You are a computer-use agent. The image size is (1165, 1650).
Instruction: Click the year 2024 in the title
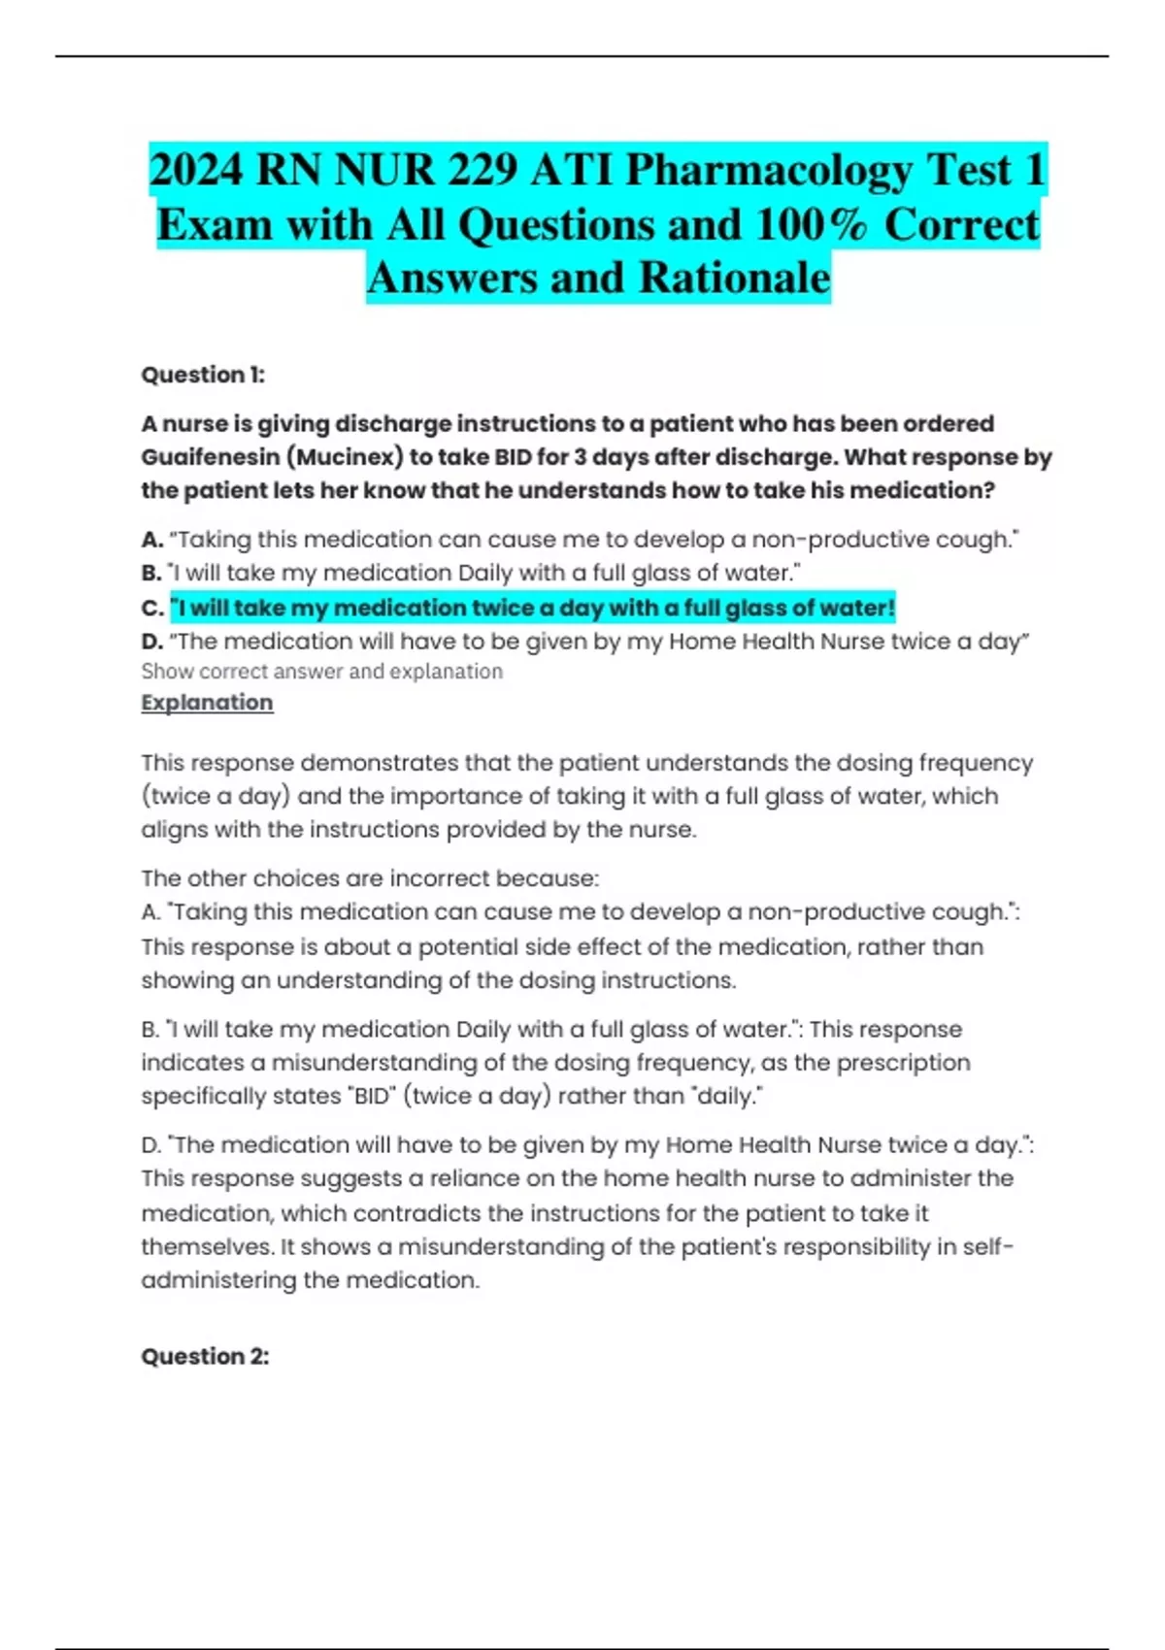click(196, 171)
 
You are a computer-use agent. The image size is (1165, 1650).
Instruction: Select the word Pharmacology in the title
click(767, 171)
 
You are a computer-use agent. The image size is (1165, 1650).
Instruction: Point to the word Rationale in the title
click(734, 279)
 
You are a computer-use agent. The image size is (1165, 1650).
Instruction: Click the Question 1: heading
click(203, 375)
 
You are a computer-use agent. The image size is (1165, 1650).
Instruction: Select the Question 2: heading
click(205, 1356)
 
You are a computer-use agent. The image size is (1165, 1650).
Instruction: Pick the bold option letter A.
click(150, 540)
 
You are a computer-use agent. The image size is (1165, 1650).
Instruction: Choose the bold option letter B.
click(150, 574)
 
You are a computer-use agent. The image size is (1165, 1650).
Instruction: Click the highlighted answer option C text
click(532, 609)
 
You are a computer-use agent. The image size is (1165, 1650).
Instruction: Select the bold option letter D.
click(150, 642)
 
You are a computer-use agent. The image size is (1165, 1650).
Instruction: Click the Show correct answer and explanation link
click(321, 672)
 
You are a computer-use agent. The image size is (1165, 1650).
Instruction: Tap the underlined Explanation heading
click(207, 703)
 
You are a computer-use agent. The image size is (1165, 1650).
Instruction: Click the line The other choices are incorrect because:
click(370, 878)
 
